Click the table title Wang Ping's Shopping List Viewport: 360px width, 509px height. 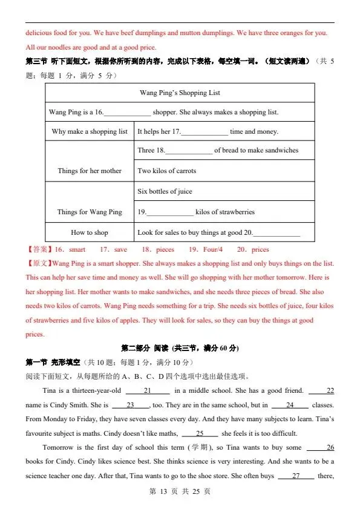[x=180, y=93]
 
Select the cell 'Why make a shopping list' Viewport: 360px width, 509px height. [x=90, y=131]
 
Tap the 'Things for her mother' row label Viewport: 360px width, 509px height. [x=90, y=171]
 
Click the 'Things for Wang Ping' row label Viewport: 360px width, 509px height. [x=90, y=212]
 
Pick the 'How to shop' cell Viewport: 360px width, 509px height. [x=90, y=232]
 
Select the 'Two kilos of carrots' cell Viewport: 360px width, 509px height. [x=167, y=171]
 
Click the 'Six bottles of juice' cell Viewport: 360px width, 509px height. [x=165, y=191]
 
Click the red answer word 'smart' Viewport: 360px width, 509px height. [x=77, y=249]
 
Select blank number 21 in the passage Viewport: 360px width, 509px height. [x=147, y=390]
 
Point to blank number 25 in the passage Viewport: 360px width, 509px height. [x=199, y=433]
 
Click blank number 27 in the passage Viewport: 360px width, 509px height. [x=296, y=476]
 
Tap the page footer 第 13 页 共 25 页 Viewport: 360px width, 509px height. [x=180, y=491]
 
